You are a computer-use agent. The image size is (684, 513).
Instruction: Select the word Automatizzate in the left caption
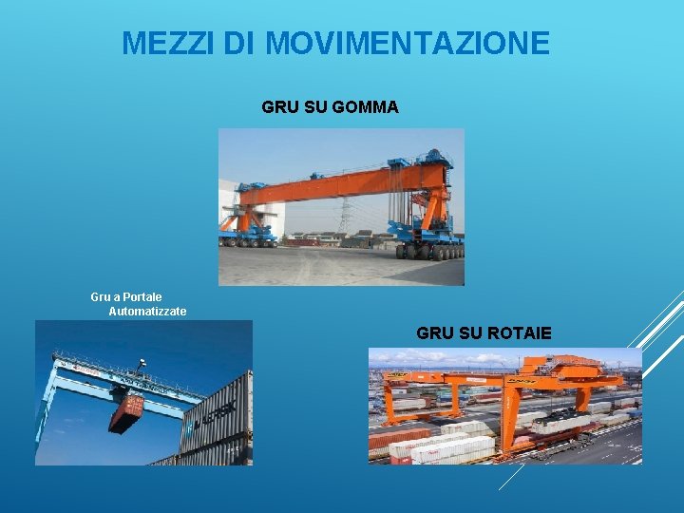click(x=147, y=312)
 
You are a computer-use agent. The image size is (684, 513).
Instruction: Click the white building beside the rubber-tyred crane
click(x=229, y=204)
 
